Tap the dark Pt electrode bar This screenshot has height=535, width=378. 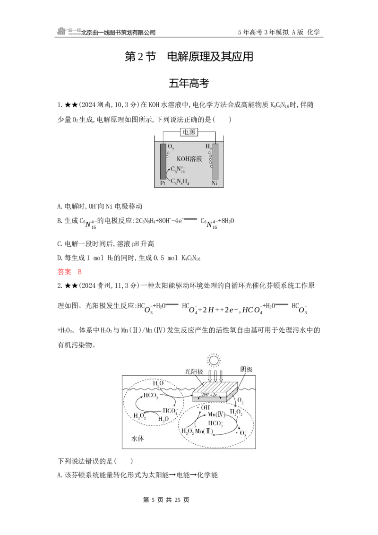[x=163, y=161]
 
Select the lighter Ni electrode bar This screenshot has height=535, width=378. [x=215, y=161]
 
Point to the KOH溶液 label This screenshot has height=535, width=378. [x=189, y=159]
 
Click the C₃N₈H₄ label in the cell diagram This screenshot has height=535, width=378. [x=180, y=181]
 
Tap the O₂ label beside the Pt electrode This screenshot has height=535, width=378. [x=171, y=147]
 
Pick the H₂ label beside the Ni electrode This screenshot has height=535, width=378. [x=208, y=147]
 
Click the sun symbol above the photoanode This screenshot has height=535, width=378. [x=214, y=360]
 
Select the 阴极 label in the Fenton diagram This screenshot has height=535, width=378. [x=246, y=369]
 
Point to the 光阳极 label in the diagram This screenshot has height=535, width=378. [x=194, y=371]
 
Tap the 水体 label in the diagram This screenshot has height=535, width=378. [x=137, y=439]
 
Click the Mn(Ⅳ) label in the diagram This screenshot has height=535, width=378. [x=216, y=414]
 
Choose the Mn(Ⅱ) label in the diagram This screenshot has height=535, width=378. [x=204, y=431]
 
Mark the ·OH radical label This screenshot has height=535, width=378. [x=204, y=407]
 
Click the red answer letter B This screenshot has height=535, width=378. [x=79, y=272]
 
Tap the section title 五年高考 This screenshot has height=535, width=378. [x=189, y=83]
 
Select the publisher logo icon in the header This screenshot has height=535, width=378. [x=62, y=31]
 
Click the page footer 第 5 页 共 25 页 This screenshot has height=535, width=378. [x=166, y=500]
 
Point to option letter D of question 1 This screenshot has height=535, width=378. [x=60, y=258]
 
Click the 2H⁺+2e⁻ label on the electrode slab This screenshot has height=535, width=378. [x=209, y=395]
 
